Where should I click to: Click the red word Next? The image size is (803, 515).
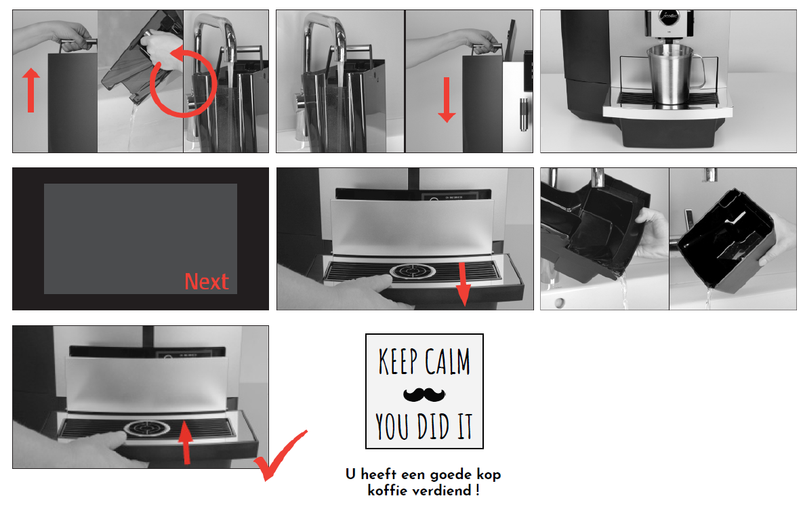[207, 282]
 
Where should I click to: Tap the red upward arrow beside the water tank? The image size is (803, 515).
[31, 91]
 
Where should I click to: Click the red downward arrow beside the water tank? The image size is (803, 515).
[447, 100]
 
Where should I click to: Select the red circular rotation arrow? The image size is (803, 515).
[183, 82]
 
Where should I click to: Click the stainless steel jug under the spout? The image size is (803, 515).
[671, 75]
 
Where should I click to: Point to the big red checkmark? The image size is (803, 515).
[280, 455]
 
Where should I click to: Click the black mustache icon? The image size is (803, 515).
[424, 394]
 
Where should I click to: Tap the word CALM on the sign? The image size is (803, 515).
[447, 361]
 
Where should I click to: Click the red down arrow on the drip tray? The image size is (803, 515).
[463, 284]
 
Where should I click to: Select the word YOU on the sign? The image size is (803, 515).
[393, 426]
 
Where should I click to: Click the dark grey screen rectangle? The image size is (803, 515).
[140, 239]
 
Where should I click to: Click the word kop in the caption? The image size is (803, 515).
[489, 474]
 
